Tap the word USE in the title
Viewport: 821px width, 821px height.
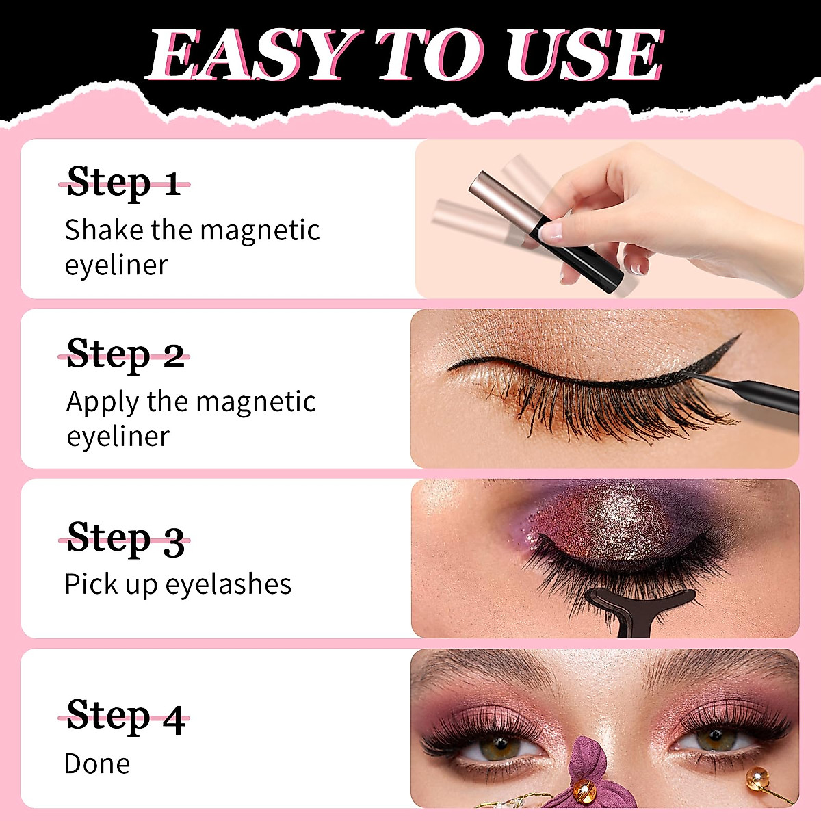pyautogui.click(x=585, y=55)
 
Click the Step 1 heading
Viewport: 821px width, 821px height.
pyautogui.click(x=124, y=183)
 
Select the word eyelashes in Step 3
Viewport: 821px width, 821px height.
pyautogui.click(x=229, y=584)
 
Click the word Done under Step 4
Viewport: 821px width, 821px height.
pyautogui.click(x=97, y=764)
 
